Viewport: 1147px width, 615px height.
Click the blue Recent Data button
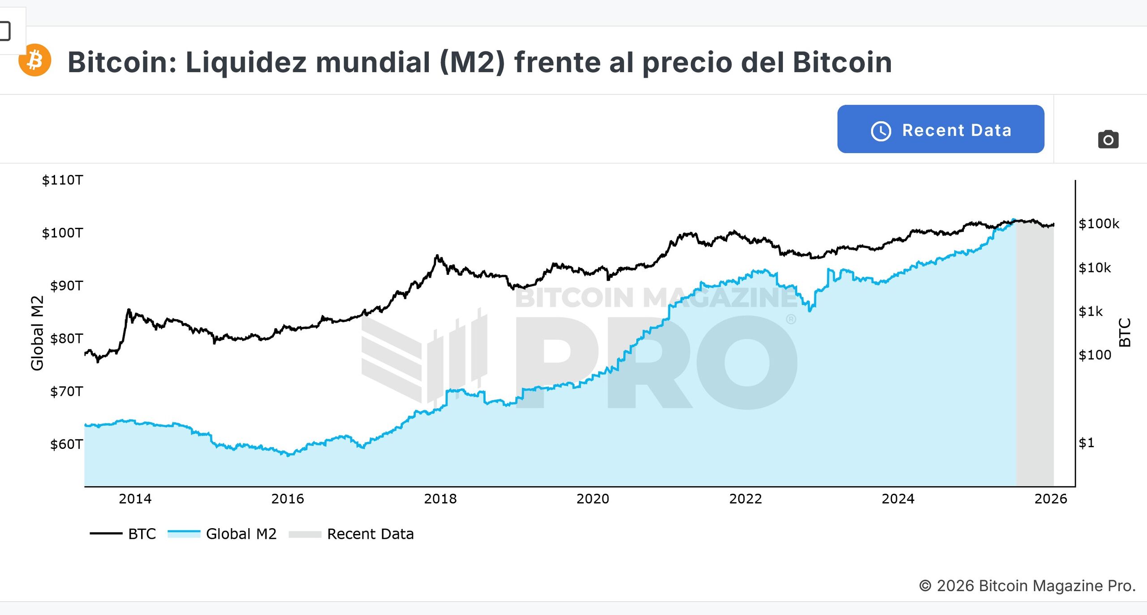pyautogui.click(x=940, y=129)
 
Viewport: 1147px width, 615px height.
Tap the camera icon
pyautogui.click(x=1108, y=139)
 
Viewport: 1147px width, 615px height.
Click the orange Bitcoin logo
pyautogui.click(x=35, y=60)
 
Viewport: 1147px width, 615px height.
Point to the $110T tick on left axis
pyautogui.click(x=62, y=180)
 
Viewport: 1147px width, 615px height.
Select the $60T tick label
pyautogui.click(x=66, y=444)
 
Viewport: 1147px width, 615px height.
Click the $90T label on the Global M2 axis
pyautogui.click(x=66, y=286)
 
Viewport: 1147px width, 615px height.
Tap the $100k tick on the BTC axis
pyautogui.click(x=1099, y=223)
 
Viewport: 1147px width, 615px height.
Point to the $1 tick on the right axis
pyautogui.click(x=1086, y=443)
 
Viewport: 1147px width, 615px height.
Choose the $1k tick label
pyautogui.click(x=1091, y=311)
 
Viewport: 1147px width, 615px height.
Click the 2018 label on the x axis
pyautogui.click(x=440, y=499)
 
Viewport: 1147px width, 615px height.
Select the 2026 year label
pyautogui.click(x=1050, y=499)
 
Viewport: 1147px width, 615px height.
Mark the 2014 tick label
pyautogui.click(x=135, y=499)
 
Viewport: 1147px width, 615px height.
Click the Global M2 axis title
pyautogui.click(x=37, y=333)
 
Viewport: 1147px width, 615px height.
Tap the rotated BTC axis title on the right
pyautogui.click(x=1125, y=333)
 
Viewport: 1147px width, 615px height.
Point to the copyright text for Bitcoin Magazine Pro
pyautogui.click(x=1027, y=585)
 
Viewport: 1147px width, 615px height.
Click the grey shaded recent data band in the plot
pyautogui.click(x=1035, y=358)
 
